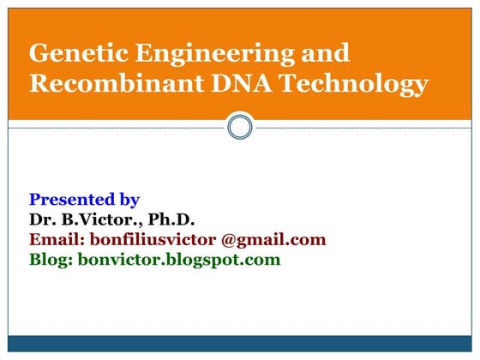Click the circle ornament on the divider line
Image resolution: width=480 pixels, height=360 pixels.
[240, 128]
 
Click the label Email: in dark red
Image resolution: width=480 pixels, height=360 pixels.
[59, 239]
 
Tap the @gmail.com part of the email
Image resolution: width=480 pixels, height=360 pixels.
[273, 239]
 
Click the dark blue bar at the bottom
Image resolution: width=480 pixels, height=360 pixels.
[240, 344]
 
